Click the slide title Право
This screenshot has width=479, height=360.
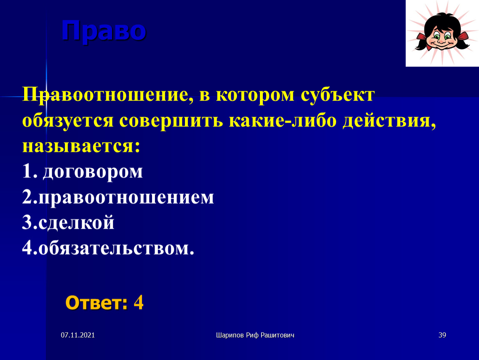pyautogui.click(x=104, y=31)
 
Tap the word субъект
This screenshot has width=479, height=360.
pyautogui.click(x=337, y=95)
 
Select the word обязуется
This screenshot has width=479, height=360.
pyautogui.click(x=68, y=121)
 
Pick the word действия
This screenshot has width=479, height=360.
pyautogui.click(x=389, y=121)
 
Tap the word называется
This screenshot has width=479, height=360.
pyautogui.click(x=81, y=146)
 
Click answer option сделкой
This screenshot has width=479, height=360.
pyautogui.click(x=76, y=222)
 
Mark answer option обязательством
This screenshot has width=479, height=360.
pyautogui.click(x=116, y=248)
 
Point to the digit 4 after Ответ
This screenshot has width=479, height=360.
pyautogui.click(x=139, y=303)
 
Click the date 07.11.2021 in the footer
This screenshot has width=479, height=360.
pyautogui.click(x=78, y=335)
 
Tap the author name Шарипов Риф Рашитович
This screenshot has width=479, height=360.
pyautogui.click(x=255, y=335)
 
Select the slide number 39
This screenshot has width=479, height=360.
pyautogui.click(x=442, y=335)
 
